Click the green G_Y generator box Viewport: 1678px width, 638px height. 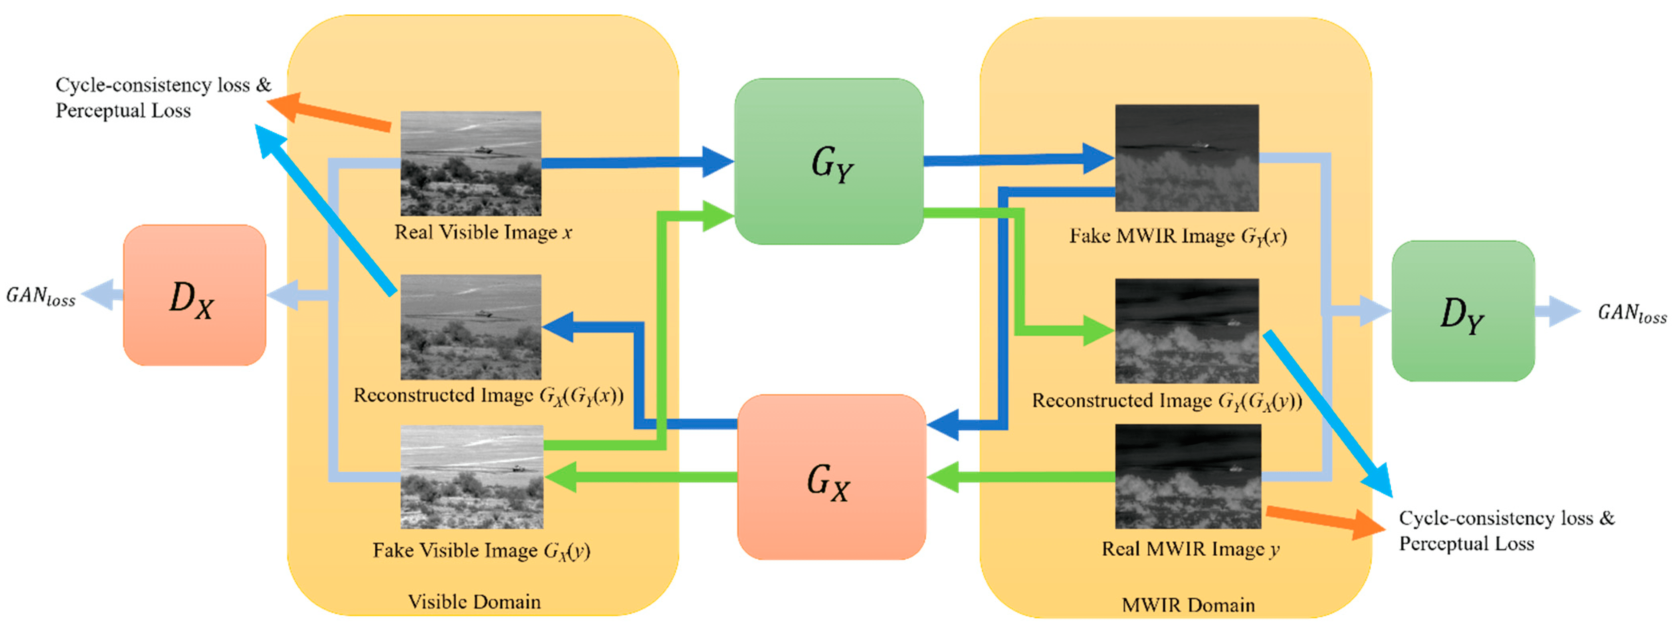click(828, 162)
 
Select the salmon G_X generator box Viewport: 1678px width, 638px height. click(831, 477)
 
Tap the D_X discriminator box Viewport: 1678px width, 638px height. click(194, 295)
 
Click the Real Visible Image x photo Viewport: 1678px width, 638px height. click(470, 163)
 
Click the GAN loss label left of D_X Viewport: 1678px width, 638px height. click(40, 296)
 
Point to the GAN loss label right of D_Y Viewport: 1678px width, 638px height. click(1632, 314)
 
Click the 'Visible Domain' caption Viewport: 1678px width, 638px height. click(474, 601)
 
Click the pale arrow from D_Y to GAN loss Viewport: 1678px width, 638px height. click(1557, 312)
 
